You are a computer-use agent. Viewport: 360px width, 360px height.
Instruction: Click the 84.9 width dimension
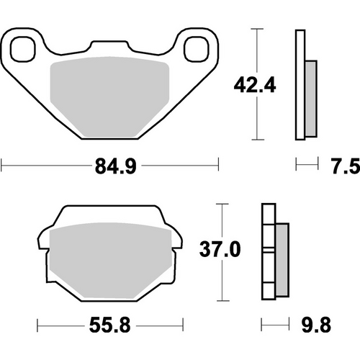pyautogui.click(x=109, y=168)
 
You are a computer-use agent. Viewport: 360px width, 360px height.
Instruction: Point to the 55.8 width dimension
pyautogui.click(x=109, y=325)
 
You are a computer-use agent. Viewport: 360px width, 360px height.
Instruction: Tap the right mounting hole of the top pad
pyautogui.click(x=194, y=50)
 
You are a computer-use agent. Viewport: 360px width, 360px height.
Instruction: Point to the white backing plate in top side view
pyautogui.click(x=300, y=86)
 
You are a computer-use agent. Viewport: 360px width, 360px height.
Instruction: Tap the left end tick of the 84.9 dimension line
pyautogui.click(x=2, y=168)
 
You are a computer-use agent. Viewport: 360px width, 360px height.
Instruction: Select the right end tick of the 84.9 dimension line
pyautogui.click(x=218, y=168)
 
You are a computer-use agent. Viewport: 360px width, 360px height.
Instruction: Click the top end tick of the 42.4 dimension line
pyautogui.click(x=258, y=30)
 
